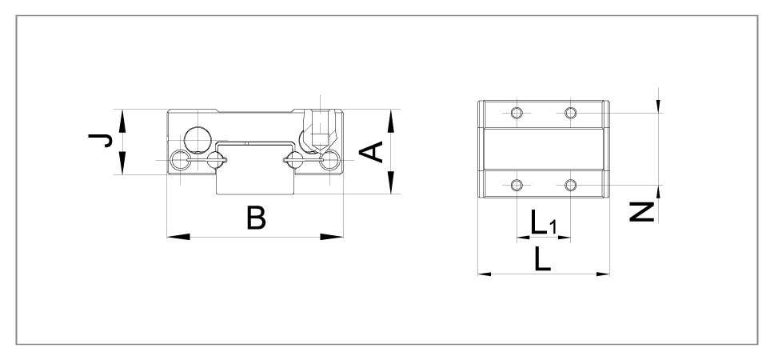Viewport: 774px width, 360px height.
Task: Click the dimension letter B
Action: click(x=256, y=218)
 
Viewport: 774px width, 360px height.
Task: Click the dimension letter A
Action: click(x=371, y=152)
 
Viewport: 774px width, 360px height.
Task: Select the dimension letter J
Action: click(x=100, y=141)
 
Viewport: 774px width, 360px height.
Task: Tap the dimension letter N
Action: click(x=642, y=212)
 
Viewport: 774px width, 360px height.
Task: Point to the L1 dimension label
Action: click(x=544, y=222)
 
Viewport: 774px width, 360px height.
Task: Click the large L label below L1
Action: click(x=543, y=259)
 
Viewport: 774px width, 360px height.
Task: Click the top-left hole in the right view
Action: click(x=517, y=113)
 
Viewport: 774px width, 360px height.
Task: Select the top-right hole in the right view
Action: click(x=571, y=113)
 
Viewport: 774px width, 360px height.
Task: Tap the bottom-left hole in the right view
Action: click(x=517, y=185)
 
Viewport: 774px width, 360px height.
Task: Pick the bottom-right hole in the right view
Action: click(x=571, y=185)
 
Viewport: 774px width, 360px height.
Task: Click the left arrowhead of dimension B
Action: click(x=178, y=237)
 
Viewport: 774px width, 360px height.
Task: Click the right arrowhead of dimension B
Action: click(x=332, y=237)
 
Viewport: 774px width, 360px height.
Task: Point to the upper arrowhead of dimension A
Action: click(x=391, y=122)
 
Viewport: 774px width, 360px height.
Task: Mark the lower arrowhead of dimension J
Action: click(x=122, y=163)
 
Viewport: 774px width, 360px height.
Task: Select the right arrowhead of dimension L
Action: click(x=603, y=274)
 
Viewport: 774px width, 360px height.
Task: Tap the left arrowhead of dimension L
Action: click(x=485, y=274)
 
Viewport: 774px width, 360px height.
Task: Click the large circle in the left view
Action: click(x=197, y=140)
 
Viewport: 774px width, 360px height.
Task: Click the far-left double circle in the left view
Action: click(x=180, y=161)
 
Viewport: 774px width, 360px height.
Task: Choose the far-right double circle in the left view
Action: click(x=329, y=161)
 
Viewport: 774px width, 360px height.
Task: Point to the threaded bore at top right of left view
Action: click(x=321, y=130)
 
